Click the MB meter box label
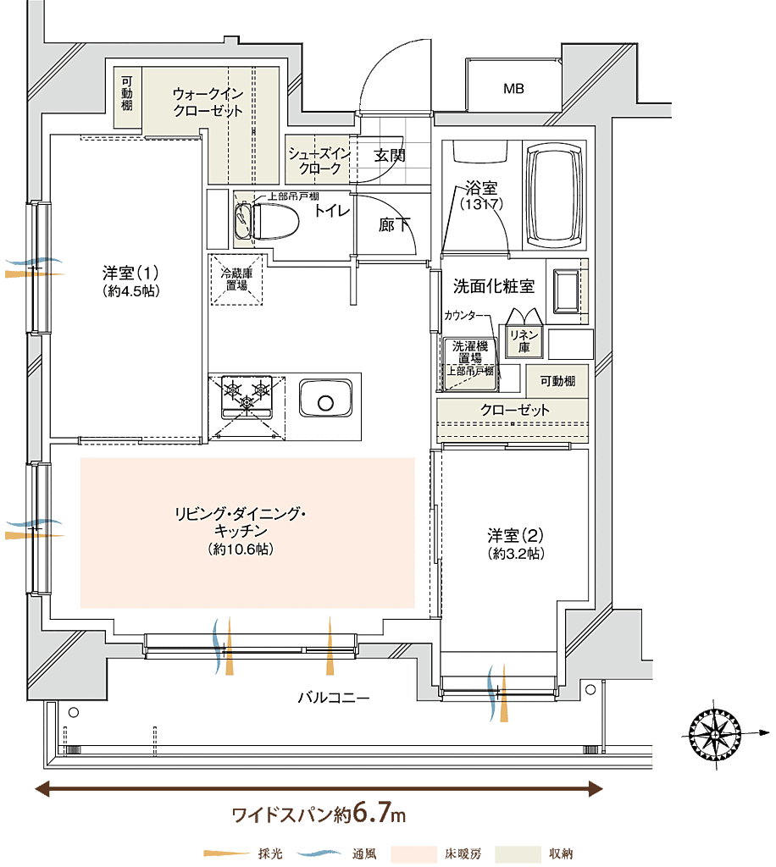pyautogui.click(x=513, y=88)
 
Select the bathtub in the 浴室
pyautogui.click(x=555, y=197)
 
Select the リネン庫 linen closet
pyautogui.click(x=519, y=340)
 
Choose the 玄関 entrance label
pyautogui.click(x=390, y=155)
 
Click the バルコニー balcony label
pyautogui.click(x=333, y=699)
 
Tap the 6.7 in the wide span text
pyautogui.click(x=372, y=815)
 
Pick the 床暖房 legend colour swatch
pyautogui.click(x=411, y=853)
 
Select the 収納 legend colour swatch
pyautogui.click(x=518, y=853)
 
